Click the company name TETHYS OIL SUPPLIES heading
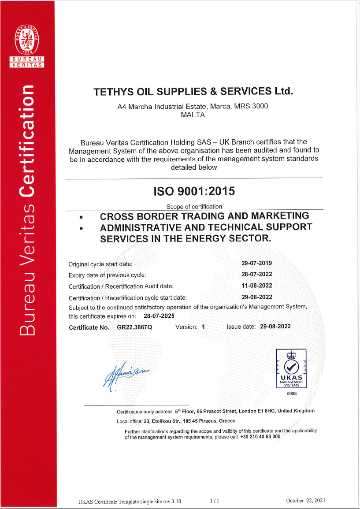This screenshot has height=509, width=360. tap(193, 92)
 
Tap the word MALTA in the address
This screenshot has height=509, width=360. tap(193, 115)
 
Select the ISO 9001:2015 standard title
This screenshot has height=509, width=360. tap(194, 192)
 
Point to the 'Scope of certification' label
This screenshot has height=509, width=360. tap(194, 206)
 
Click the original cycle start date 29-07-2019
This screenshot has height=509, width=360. tap(257, 263)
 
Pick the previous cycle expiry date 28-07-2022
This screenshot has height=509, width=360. tap(257, 275)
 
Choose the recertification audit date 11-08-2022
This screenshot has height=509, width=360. tap(257, 286)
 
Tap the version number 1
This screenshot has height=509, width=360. tap(203, 327)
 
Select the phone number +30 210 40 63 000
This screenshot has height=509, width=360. tap(260, 437)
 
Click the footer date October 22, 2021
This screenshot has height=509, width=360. tap(305, 501)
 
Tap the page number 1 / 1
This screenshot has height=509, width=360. tap(215, 501)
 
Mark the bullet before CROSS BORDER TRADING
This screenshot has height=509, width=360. tap(81, 217)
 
